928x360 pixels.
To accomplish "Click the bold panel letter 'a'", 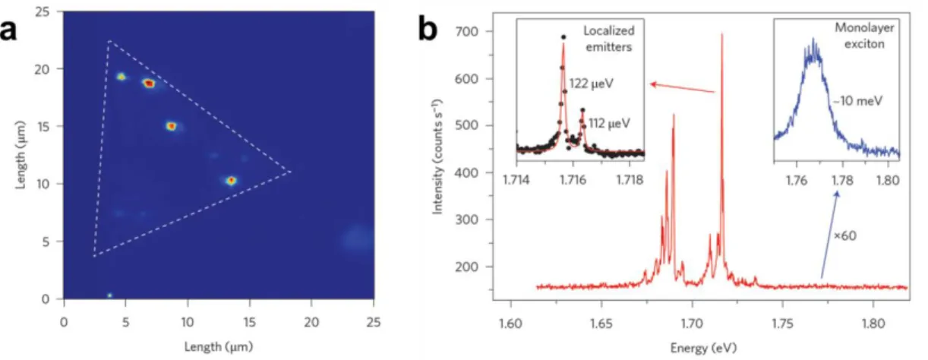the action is point(8,30).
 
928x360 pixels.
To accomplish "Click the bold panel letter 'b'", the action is point(428,27).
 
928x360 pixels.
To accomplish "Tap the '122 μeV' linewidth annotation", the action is point(591,84).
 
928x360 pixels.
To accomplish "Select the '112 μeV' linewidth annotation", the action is point(609,123).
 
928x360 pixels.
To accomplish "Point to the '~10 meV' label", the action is point(857,101).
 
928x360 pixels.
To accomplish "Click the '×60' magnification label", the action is point(844,235).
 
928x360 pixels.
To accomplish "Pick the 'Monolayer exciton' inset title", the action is point(864,36).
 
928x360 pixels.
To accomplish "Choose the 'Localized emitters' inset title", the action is point(608,39).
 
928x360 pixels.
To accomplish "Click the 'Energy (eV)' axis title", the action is point(703,348).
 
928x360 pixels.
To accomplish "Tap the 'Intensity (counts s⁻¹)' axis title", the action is point(437,156).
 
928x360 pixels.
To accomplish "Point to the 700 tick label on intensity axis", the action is point(468,31).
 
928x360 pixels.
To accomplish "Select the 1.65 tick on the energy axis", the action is point(601,323).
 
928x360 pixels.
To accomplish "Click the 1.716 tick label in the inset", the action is point(573,180).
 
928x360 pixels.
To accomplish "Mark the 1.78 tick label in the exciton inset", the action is point(842,181).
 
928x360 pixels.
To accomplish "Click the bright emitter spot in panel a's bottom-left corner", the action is point(109,295).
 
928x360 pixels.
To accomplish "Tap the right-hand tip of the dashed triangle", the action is point(291,171).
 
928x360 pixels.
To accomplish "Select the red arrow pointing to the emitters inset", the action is point(683,88).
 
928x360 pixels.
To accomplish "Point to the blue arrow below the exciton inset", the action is point(829,234).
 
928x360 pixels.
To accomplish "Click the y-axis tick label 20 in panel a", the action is point(42,69).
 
